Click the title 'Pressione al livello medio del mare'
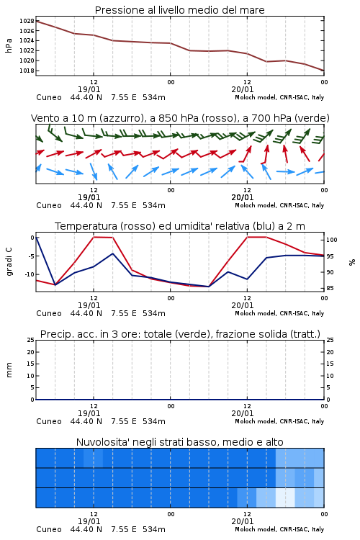pos(179,10)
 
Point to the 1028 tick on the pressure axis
pos(27,21)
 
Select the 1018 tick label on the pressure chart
pos(27,71)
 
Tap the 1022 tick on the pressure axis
pos(27,50)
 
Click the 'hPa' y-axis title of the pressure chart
pos(9,45)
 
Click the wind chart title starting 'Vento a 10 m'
pos(180,118)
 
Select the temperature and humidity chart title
pos(180,226)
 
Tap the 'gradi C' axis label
pos(9,261)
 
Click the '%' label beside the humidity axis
pos(352,262)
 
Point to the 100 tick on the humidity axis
pos(331,240)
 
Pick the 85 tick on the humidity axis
pos(330,288)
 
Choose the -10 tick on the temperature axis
pos(30,274)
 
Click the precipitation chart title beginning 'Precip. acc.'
pos(180,334)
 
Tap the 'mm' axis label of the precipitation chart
pos(9,370)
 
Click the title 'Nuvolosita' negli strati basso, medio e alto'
pos(179,442)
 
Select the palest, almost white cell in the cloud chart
pos(285,498)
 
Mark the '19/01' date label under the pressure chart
pos(89,89)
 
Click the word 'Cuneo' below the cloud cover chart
pos(49,529)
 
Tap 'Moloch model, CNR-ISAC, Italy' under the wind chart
pos(279,205)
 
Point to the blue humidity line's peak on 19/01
pos(112,253)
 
